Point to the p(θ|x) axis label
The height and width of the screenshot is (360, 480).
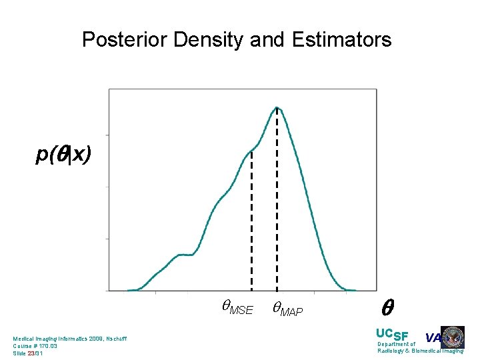tap(63, 155)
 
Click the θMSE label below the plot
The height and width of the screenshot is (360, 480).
tap(237, 308)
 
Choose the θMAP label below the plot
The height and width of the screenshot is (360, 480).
tap(287, 308)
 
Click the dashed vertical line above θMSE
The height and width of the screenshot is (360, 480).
tap(251, 220)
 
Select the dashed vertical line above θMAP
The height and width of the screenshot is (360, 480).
tap(277, 200)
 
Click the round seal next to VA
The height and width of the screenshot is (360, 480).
tap(453, 337)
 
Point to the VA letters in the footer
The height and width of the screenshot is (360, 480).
tap(433, 337)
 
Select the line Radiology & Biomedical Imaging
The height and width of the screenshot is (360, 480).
tap(420, 351)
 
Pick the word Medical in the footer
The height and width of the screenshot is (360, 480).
tap(24, 339)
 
